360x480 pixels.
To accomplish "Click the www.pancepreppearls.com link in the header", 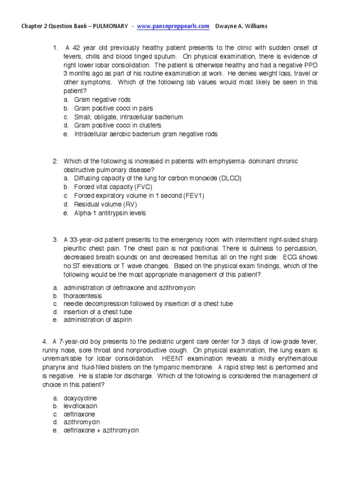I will tap(173, 26).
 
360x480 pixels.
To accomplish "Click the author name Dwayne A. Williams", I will tap(242, 26).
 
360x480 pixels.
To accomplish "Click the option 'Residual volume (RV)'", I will tap(98, 204).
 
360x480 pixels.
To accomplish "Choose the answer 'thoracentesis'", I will tap(82, 296).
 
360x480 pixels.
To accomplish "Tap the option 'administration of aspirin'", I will tap(97, 320).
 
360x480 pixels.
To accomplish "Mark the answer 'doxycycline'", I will tap(80, 398).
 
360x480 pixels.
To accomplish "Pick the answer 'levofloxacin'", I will tap(81, 406).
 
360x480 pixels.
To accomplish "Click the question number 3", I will tap(55, 240).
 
